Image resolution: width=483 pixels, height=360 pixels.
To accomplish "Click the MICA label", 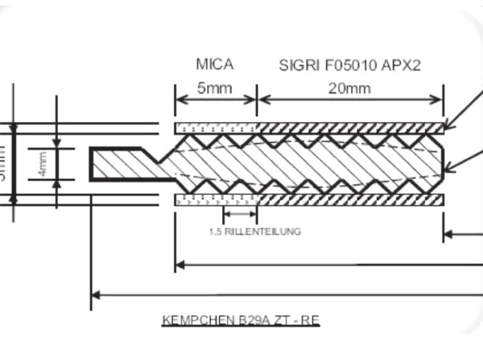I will point(214,64).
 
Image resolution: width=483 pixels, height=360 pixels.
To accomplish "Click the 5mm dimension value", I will point(214,88).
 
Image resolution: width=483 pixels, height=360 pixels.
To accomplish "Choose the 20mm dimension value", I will point(349,88).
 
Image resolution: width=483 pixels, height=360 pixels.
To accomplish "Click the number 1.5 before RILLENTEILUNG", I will point(215,231).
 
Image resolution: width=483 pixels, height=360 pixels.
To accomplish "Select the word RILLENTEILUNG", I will point(264,231).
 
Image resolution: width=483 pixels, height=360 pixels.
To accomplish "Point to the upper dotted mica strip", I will point(216,128).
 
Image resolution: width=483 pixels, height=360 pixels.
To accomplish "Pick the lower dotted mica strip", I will point(216,200).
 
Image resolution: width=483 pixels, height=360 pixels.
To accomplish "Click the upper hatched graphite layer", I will point(350,128).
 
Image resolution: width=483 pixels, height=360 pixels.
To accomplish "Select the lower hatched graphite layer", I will point(350,200).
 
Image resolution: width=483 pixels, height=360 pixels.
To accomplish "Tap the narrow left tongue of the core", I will point(119,165).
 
